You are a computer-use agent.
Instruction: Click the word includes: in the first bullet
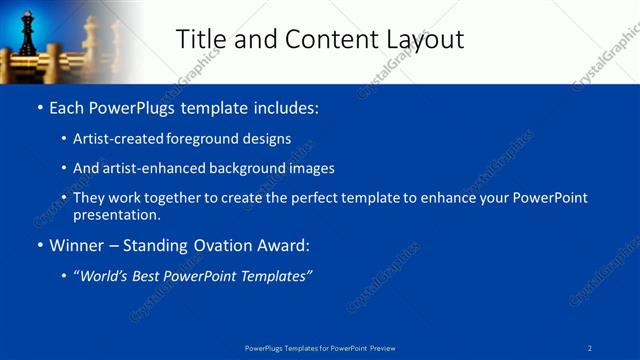point(285,107)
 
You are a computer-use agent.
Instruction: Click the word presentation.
point(116,214)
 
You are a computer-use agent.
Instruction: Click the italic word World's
point(102,276)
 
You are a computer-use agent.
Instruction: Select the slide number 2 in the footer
point(590,348)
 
